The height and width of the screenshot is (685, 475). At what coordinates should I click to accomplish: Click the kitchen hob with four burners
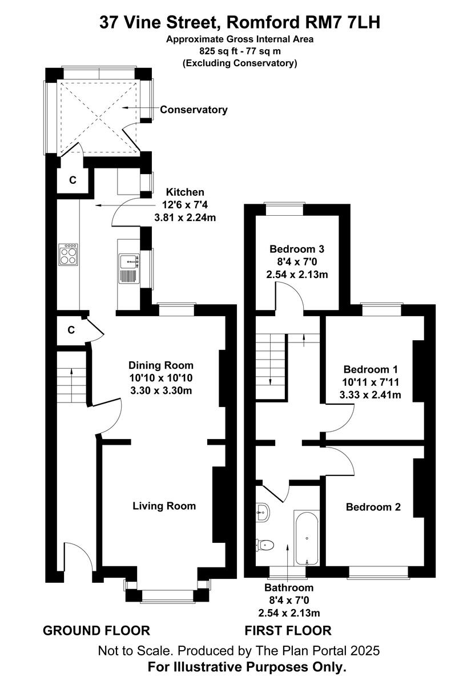[x=69, y=254]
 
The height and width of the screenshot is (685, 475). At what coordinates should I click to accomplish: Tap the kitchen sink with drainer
[x=128, y=269]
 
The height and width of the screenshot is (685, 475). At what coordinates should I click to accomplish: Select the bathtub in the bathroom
[x=307, y=538]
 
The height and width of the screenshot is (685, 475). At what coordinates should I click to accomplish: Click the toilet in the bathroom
[x=265, y=545]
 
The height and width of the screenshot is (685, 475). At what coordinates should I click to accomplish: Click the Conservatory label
[x=194, y=110]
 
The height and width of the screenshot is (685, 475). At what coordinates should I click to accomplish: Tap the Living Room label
[x=164, y=506]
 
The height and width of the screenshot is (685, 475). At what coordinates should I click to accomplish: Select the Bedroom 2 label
[x=373, y=507]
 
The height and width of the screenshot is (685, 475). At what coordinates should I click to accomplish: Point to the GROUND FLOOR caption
[x=96, y=631]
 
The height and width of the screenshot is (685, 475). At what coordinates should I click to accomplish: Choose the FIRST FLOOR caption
[x=288, y=631]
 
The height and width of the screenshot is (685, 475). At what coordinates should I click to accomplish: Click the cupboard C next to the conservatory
[x=73, y=180]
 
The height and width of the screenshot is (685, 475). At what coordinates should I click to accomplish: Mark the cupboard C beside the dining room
[x=71, y=330]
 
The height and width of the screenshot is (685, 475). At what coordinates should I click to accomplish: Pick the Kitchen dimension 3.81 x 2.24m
[x=185, y=217]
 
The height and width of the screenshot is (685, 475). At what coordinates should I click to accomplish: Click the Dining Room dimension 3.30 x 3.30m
[x=160, y=390]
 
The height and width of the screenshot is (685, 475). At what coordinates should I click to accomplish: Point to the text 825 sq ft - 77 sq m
[x=240, y=51]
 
